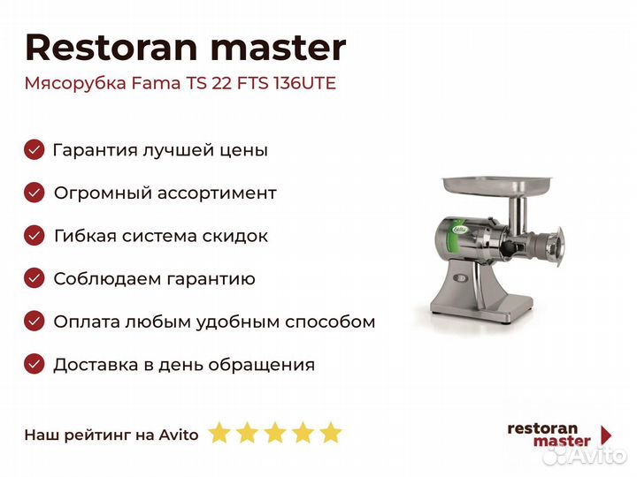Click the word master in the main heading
click(x=274, y=48)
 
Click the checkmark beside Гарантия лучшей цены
click(x=35, y=149)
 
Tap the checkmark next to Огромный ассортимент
click(x=35, y=193)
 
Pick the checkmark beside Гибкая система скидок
click(x=35, y=236)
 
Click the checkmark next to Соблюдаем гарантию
click(x=35, y=278)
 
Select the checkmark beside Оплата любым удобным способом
click(x=35, y=322)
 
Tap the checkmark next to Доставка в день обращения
click(x=35, y=364)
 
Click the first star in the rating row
click(x=219, y=433)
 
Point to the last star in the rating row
click(x=330, y=433)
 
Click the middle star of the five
click(x=274, y=433)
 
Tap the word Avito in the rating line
click(x=179, y=434)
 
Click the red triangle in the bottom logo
click(x=606, y=435)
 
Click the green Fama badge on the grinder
click(x=460, y=231)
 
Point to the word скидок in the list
click(x=238, y=236)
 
